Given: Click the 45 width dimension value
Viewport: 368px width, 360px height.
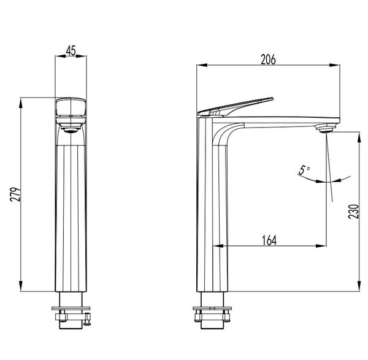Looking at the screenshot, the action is [x=71, y=50].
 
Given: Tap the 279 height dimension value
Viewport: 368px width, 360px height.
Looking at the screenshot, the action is [x=15, y=194].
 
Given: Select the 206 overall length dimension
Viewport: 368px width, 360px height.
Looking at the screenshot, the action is [x=269, y=59].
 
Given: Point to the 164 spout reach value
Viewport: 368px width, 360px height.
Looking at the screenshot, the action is [x=269, y=240].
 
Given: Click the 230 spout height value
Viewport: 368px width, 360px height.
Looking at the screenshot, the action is [x=353, y=212].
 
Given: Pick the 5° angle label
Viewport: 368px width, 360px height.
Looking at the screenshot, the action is [x=304, y=170].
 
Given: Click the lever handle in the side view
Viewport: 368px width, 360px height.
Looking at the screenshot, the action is [x=236, y=107].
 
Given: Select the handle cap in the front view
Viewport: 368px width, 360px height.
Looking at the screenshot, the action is [x=71, y=107].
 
